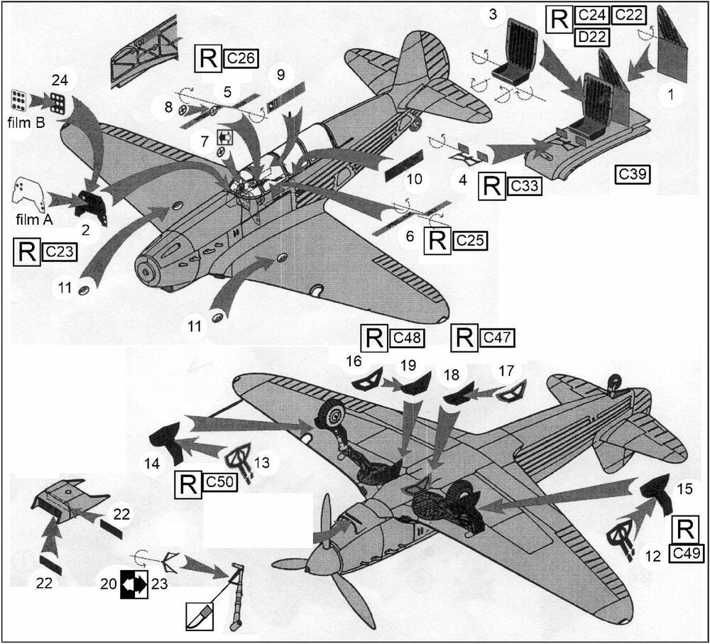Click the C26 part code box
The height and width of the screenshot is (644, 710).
(x=239, y=59)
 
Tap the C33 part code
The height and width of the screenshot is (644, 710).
(x=524, y=187)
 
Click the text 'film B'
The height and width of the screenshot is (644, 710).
(x=28, y=123)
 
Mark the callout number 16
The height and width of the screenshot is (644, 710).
(x=354, y=363)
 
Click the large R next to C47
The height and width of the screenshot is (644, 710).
(x=465, y=339)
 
